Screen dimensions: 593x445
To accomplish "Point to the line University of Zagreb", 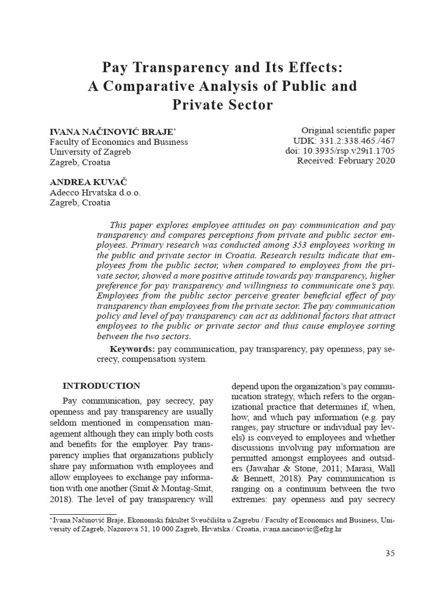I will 91,152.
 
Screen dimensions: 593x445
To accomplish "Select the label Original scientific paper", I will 348,130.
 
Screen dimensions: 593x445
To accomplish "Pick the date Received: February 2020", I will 346,161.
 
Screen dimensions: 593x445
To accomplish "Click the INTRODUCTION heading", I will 101,386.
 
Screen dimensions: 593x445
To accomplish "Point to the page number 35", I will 390,553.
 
